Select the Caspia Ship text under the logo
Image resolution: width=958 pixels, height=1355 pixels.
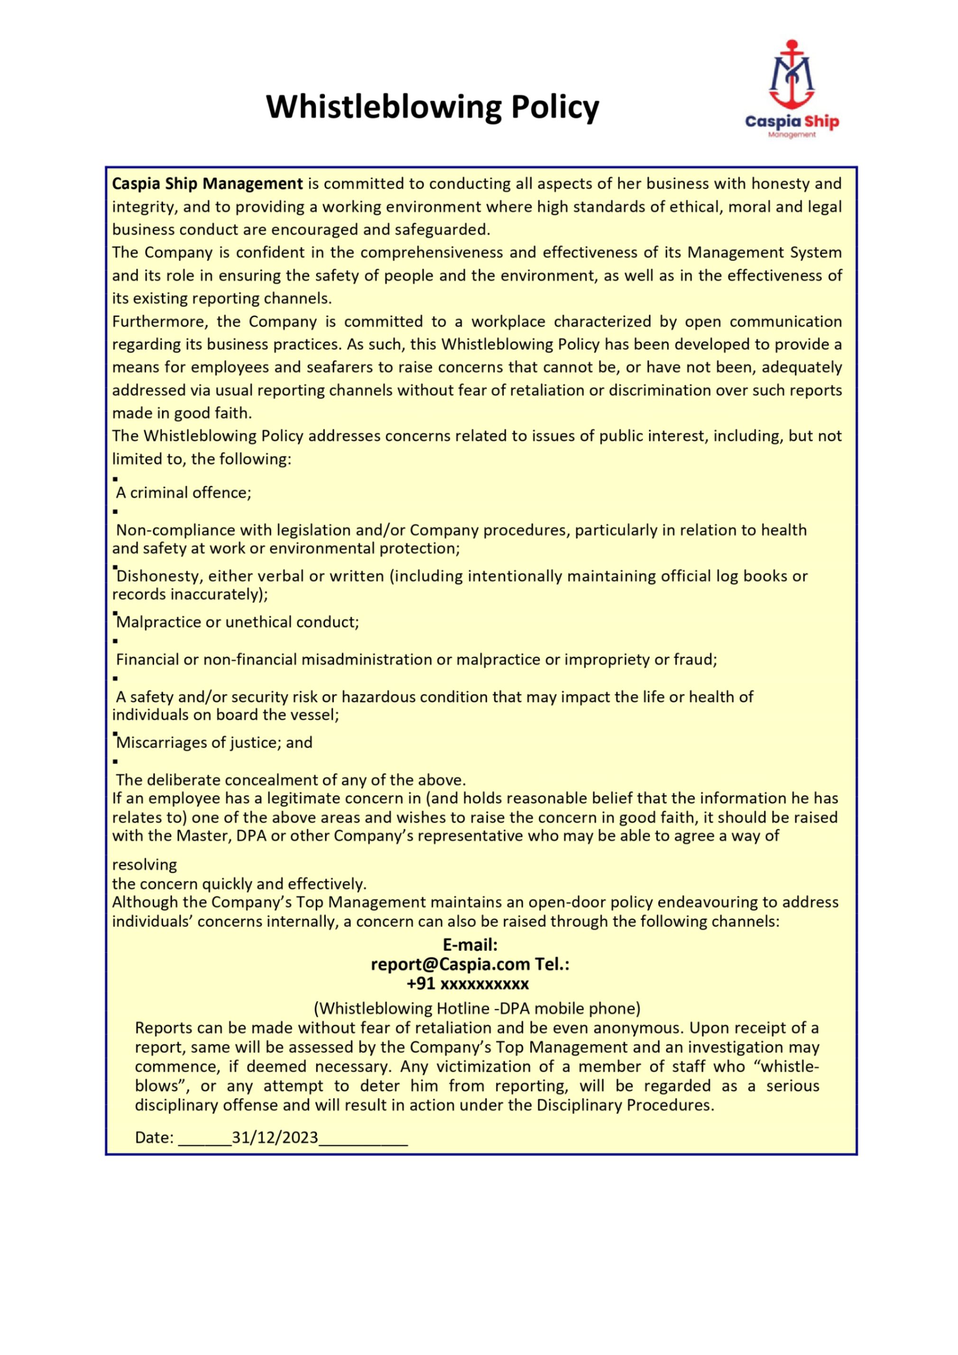(792, 122)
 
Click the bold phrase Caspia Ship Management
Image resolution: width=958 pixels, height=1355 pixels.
(207, 184)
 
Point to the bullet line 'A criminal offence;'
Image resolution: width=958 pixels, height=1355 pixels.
(184, 493)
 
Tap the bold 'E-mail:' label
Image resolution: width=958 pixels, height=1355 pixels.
(470, 945)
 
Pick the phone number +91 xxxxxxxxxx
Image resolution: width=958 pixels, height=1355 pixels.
(468, 984)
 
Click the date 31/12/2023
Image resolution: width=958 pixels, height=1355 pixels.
(275, 1138)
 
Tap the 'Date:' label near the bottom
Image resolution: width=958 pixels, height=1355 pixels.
(155, 1138)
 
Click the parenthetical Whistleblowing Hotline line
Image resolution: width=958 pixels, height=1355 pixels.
(477, 1008)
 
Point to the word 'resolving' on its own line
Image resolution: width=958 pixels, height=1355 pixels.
(145, 865)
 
